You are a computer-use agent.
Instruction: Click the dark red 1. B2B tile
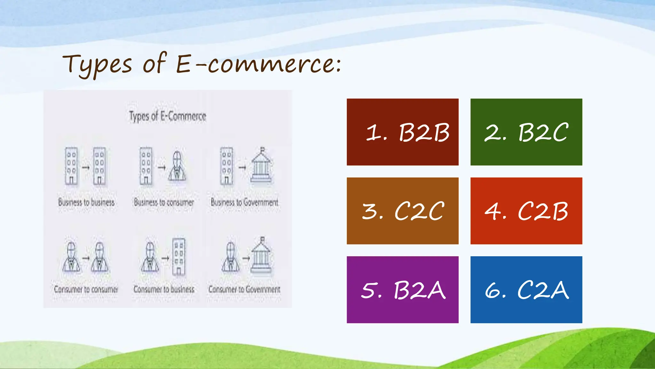[402, 132]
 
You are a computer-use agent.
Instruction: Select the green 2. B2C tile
[526, 132]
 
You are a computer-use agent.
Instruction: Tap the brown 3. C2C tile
[402, 211]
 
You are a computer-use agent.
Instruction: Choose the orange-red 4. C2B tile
[526, 211]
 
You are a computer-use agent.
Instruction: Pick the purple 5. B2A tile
[402, 290]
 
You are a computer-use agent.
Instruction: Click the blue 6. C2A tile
[526, 290]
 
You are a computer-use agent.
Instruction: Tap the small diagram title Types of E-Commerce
[168, 116]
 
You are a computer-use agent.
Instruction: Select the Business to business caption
[86, 202]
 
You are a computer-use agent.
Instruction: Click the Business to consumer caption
[164, 202]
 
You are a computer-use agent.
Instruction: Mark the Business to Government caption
[245, 202]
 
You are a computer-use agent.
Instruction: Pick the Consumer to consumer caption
[86, 290]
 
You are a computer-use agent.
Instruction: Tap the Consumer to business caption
[164, 290]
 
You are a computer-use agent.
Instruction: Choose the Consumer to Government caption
[244, 290]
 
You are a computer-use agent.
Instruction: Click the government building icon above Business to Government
[261, 166]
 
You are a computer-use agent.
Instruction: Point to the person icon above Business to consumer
[177, 167]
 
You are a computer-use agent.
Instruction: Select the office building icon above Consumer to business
[178, 257]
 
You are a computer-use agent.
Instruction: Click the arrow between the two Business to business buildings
[86, 167]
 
